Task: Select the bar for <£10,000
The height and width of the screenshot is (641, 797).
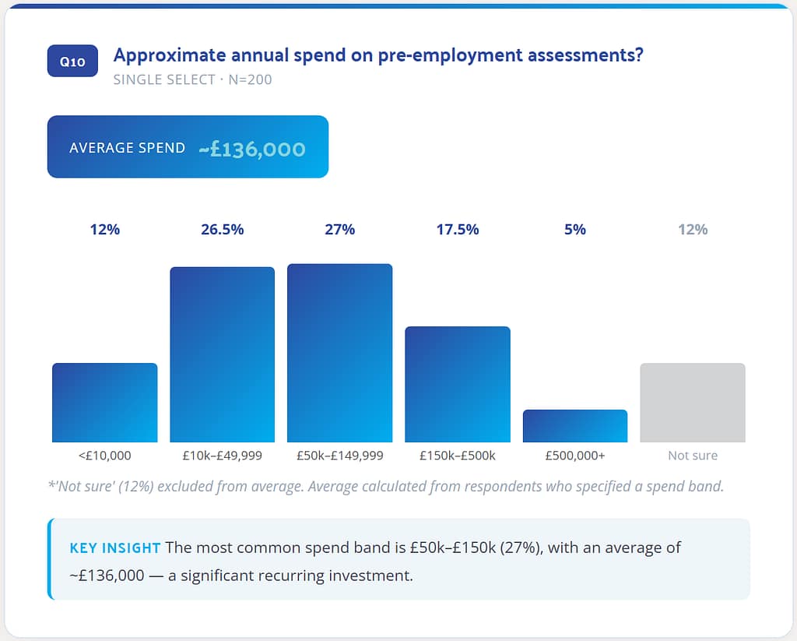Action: pyautogui.click(x=104, y=403)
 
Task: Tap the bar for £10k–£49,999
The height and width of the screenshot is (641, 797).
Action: pyautogui.click(x=222, y=354)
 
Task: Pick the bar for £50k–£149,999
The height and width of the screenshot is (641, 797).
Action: pyautogui.click(x=339, y=353)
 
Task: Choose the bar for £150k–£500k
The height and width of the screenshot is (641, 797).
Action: pyautogui.click(x=458, y=384)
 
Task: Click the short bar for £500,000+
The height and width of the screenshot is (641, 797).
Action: pyautogui.click(x=575, y=426)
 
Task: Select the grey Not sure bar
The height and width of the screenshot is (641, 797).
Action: pyautogui.click(x=693, y=403)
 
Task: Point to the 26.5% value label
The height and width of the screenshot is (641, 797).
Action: pyautogui.click(x=222, y=229)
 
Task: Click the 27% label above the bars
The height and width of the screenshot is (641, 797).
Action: pyautogui.click(x=339, y=229)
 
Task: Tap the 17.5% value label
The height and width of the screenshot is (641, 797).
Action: pyautogui.click(x=458, y=229)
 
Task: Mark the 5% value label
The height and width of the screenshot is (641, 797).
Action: pyautogui.click(x=575, y=229)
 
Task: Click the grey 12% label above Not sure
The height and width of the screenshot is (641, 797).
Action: pyautogui.click(x=693, y=229)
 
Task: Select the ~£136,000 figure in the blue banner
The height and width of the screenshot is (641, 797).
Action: pyautogui.click(x=251, y=148)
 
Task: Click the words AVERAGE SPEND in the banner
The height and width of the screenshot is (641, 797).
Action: pyautogui.click(x=127, y=148)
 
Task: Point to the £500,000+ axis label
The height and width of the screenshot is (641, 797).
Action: pyautogui.click(x=575, y=456)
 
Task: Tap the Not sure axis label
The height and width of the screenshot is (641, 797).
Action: pyautogui.click(x=693, y=456)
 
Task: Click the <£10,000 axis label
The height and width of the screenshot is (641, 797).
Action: pyautogui.click(x=104, y=456)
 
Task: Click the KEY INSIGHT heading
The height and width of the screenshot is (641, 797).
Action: pyautogui.click(x=114, y=548)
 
